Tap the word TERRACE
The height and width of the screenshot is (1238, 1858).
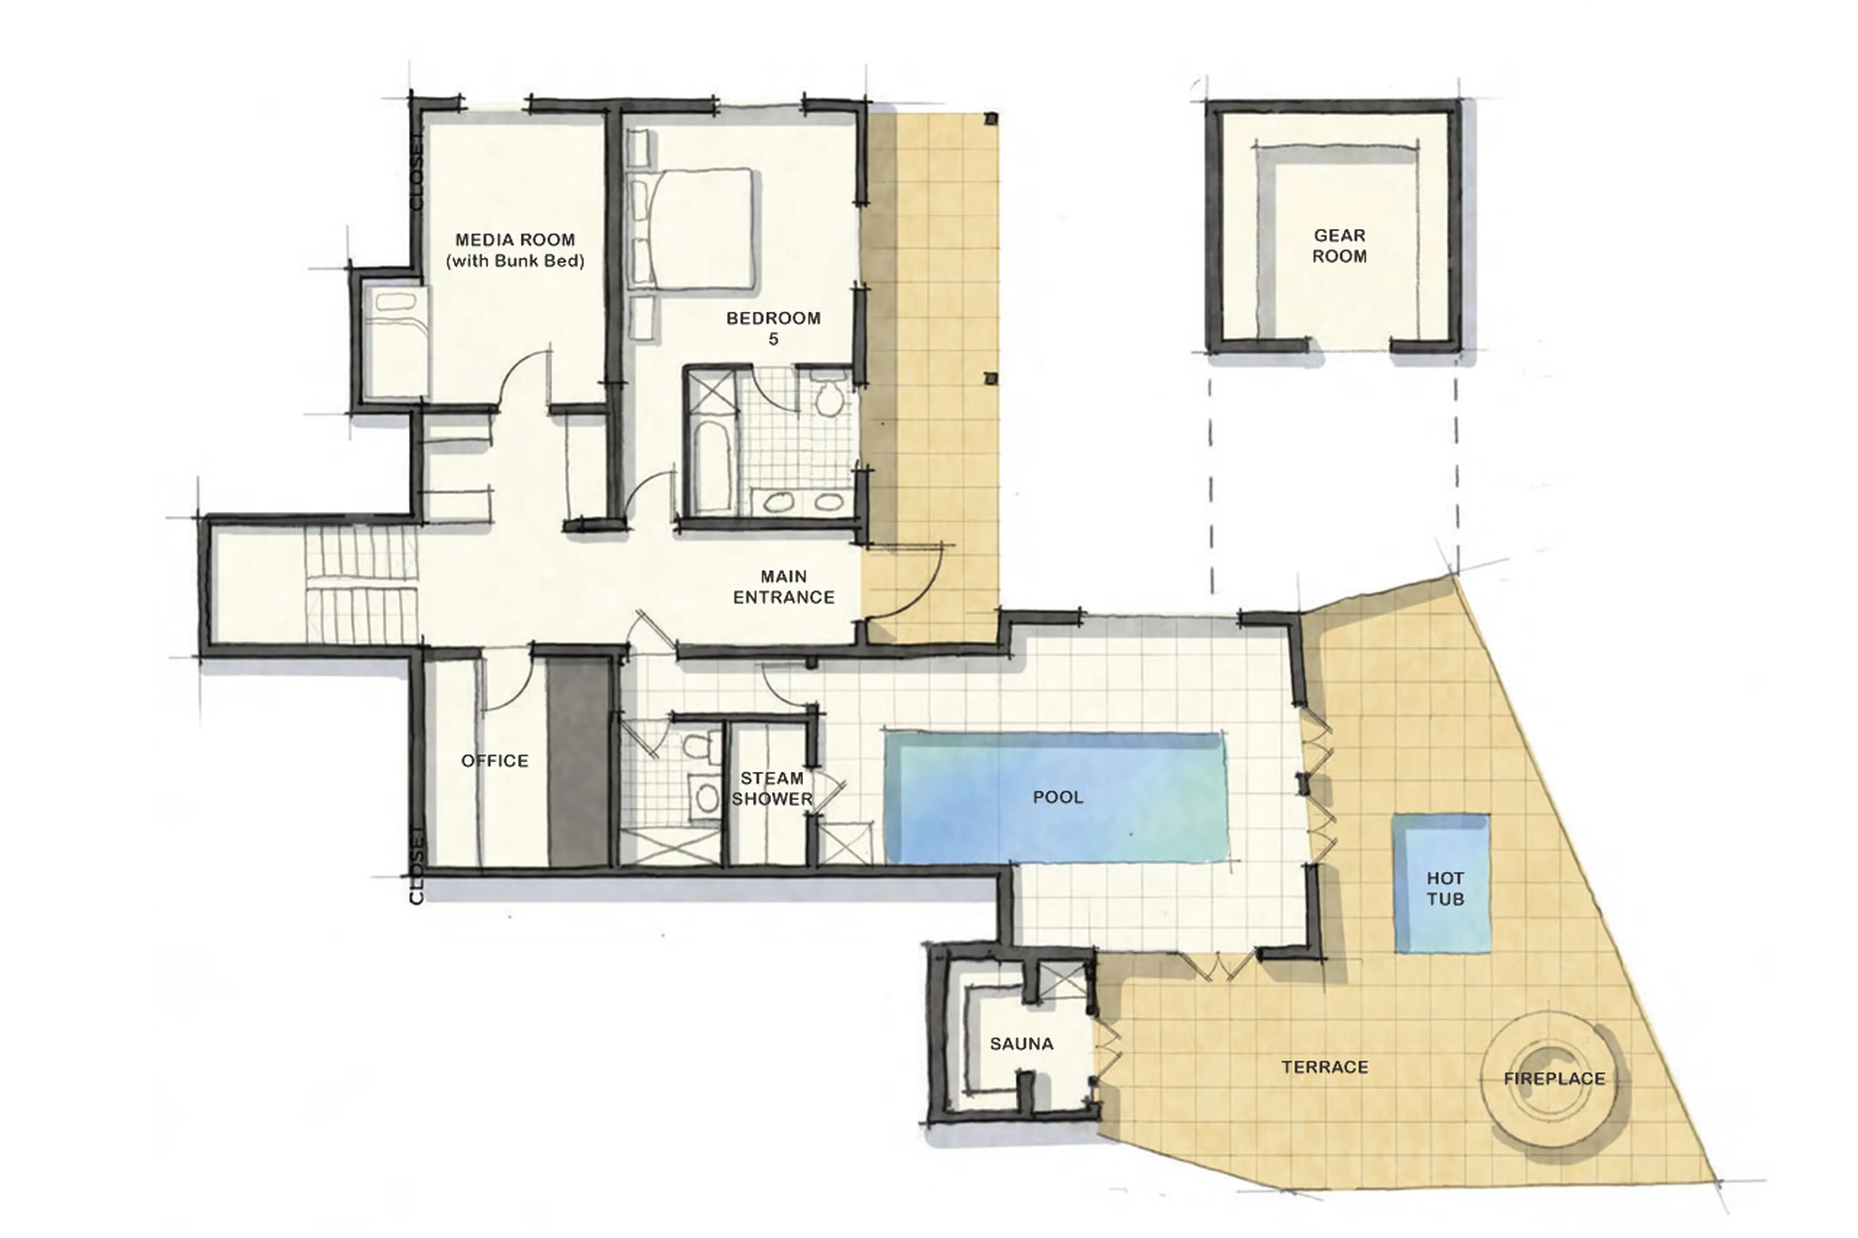[x=1324, y=1067]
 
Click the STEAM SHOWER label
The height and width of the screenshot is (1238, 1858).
[x=771, y=788]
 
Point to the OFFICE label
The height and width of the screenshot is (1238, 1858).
[x=494, y=761]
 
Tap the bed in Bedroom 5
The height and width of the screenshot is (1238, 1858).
[x=699, y=229]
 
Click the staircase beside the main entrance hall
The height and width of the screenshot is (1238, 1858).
[x=361, y=585]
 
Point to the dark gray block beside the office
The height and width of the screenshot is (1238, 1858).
[x=578, y=762]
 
